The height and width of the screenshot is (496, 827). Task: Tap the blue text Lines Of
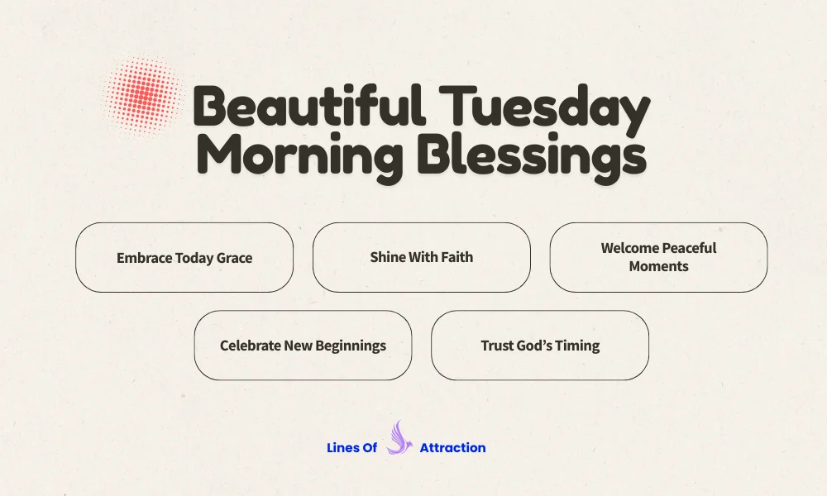point(351,447)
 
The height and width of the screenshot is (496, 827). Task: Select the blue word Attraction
point(452,447)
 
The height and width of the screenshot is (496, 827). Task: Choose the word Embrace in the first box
point(144,257)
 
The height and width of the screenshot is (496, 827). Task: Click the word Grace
point(234,257)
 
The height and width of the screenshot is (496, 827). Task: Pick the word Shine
point(388,256)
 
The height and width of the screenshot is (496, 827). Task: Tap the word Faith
point(456,256)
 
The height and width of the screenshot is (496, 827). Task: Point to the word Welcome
point(630,248)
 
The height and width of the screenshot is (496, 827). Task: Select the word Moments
point(658,266)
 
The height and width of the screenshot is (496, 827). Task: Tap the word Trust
point(499,345)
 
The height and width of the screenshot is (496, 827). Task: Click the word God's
point(540,345)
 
